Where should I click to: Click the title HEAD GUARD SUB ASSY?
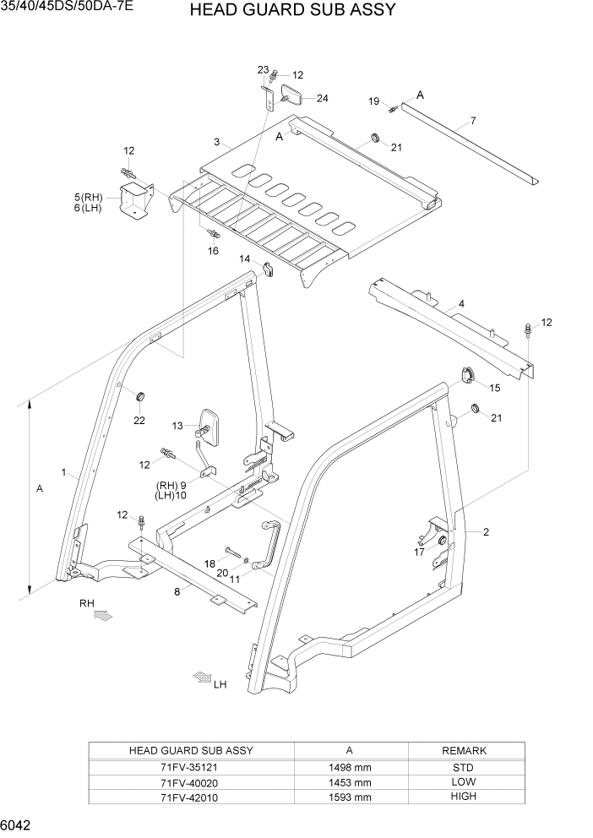click(292, 11)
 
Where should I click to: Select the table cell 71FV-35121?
click(190, 766)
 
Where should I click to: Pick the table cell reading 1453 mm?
click(351, 781)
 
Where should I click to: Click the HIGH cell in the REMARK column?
click(464, 797)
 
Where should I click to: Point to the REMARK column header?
click(464, 750)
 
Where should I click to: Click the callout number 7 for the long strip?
click(473, 121)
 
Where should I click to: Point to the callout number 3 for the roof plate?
click(217, 141)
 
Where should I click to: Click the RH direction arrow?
click(102, 618)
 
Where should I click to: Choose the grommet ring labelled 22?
click(140, 395)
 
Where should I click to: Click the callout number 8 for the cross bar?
click(177, 592)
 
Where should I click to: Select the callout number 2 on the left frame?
click(487, 531)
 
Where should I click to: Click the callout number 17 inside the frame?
click(420, 552)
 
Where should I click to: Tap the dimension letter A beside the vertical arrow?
click(40, 489)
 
